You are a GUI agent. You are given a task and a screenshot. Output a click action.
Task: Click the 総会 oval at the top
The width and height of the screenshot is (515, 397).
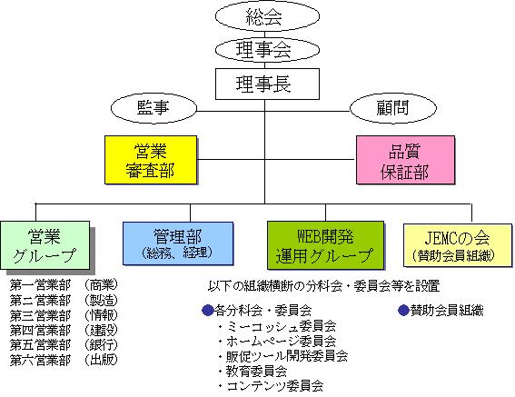[x=267, y=15]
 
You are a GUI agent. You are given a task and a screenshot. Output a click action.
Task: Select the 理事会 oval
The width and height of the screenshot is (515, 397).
[x=267, y=50]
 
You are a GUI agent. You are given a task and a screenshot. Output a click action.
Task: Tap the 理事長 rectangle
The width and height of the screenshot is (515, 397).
[x=267, y=84]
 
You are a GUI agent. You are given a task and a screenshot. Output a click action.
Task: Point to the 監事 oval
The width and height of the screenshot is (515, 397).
[x=154, y=108]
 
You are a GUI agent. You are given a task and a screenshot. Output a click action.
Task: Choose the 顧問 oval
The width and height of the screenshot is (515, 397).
[x=392, y=108]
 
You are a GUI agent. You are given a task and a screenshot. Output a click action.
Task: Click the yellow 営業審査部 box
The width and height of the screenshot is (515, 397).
[x=151, y=160]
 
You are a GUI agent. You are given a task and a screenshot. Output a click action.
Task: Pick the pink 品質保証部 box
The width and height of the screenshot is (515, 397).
[x=406, y=160]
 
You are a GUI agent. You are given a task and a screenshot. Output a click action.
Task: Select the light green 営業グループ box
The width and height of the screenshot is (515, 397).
[x=45, y=245]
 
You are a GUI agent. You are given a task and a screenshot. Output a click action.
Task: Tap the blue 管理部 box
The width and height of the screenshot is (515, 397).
[x=178, y=243]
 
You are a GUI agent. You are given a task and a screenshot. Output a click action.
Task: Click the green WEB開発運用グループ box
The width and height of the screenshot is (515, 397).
[x=325, y=245]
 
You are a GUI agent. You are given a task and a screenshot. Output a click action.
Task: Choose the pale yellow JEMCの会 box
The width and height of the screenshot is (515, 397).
[x=458, y=245]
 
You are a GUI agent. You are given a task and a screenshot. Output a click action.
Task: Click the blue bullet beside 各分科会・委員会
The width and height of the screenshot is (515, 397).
[x=208, y=310]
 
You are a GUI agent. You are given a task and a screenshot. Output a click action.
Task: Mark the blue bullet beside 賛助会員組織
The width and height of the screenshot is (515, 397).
[x=403, y=310]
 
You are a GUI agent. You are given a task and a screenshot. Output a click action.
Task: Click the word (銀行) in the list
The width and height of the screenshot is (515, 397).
[x=101, y=344]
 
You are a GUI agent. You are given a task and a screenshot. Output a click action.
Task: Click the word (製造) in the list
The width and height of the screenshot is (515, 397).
[x=101, y=300]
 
